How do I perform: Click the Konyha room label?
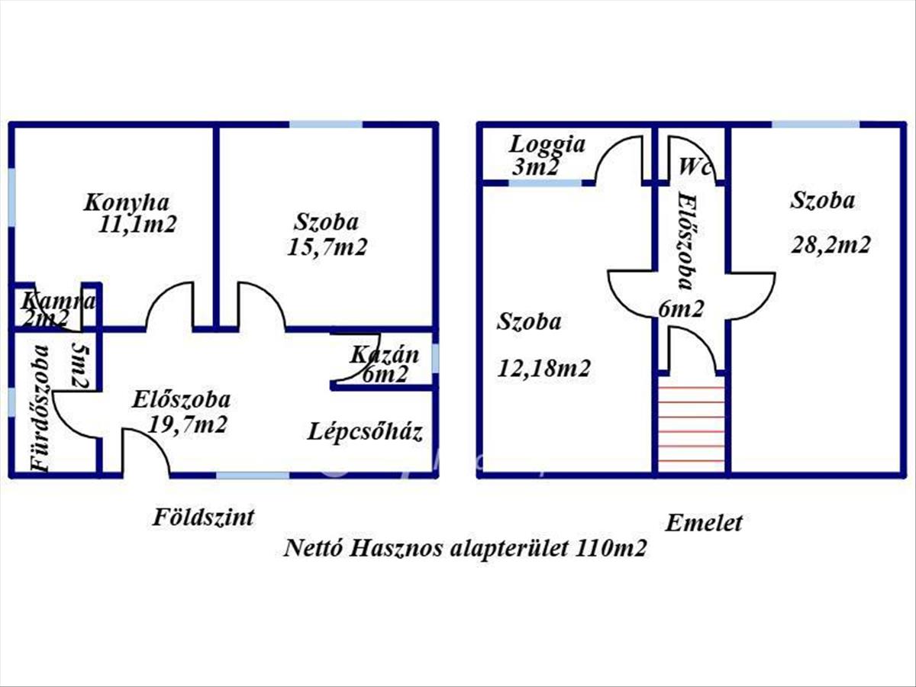[x=126, y=203]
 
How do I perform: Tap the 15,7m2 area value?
[x=327, y=247]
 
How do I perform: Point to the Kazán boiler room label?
[x=385, y=355]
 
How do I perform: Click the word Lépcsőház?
[x=366, y=432]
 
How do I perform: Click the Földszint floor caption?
[x=202, y=518]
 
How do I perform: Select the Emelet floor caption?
[x=704, y=524]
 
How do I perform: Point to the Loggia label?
[x=547, y=144]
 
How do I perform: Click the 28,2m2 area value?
[x=831, y=245]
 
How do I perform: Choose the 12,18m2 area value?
[x=543, y=369]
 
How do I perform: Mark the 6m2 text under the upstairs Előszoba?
[x=681, y=309]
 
